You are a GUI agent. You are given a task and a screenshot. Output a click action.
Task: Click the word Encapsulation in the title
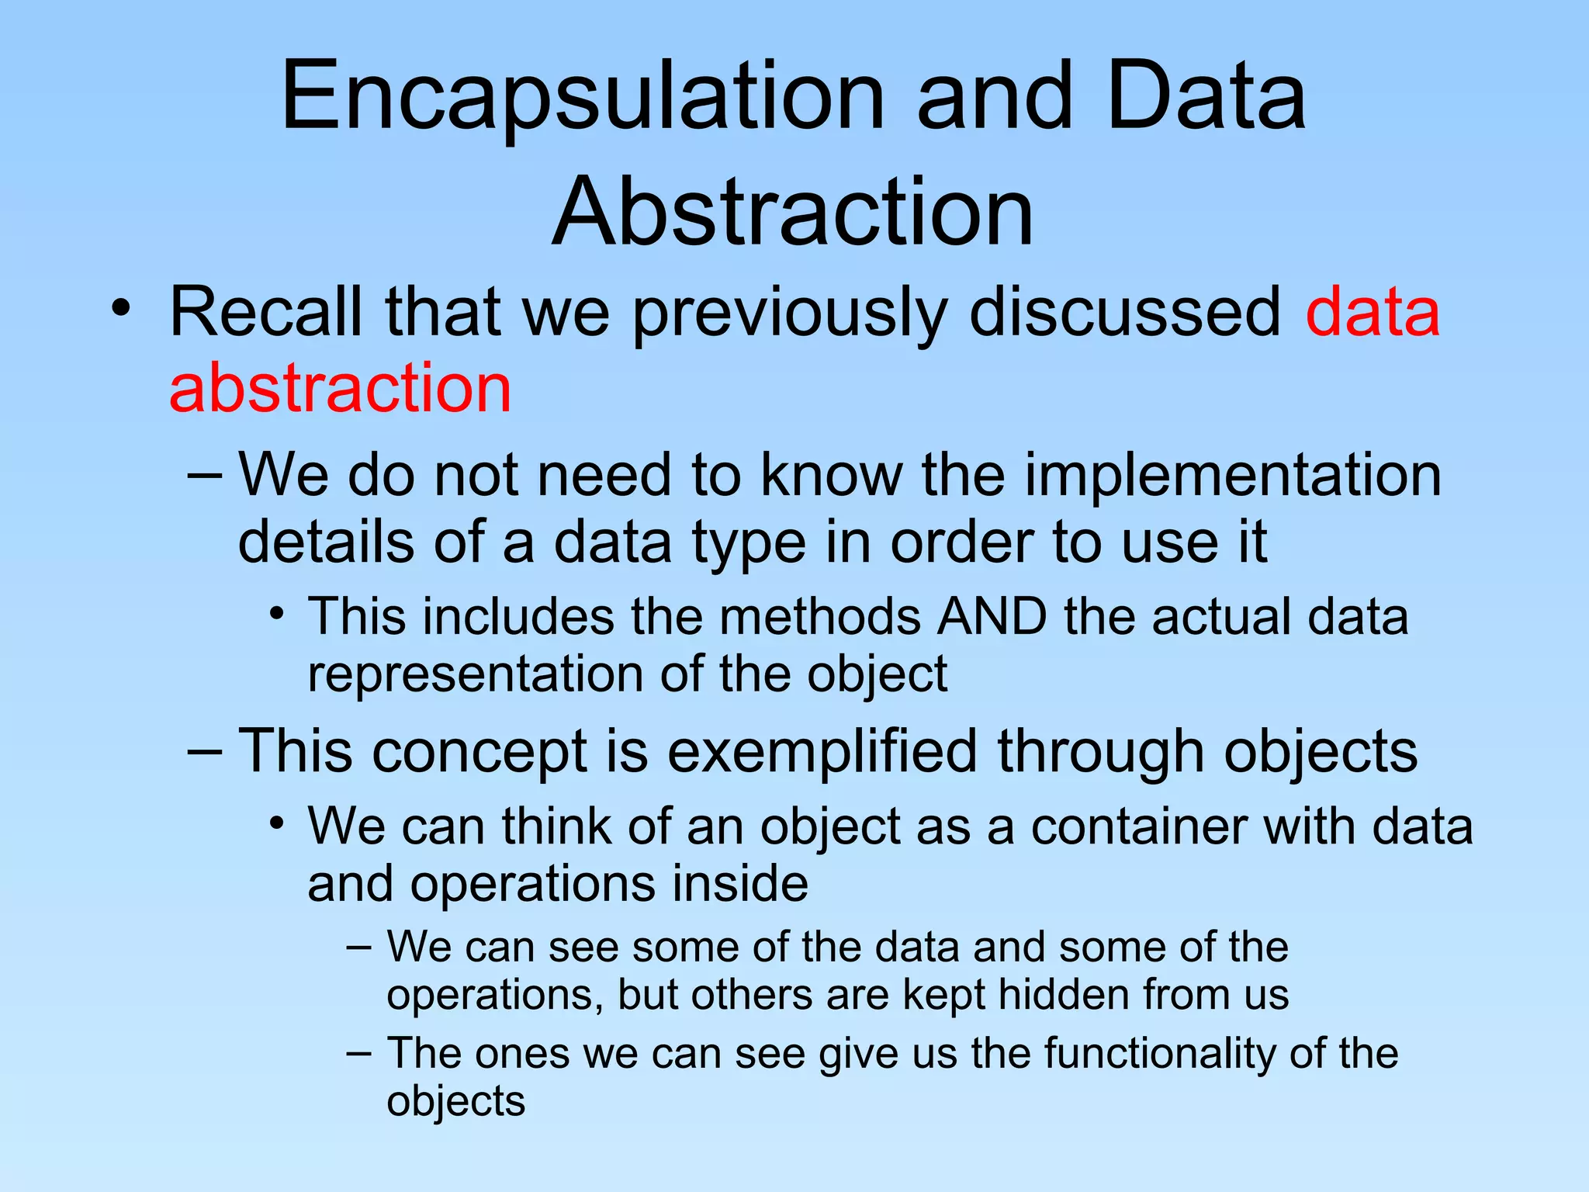[582, 99]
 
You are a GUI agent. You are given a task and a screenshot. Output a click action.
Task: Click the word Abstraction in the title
[793, 212]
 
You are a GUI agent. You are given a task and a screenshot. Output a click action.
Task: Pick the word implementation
[1233, 475]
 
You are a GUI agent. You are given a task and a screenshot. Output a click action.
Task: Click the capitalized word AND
[992, 617]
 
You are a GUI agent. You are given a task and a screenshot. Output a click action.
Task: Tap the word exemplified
[822, 752]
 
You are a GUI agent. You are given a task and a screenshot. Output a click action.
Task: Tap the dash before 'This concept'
[205, 750]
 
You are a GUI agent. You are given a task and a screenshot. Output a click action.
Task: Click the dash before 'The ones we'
[358, 1053]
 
